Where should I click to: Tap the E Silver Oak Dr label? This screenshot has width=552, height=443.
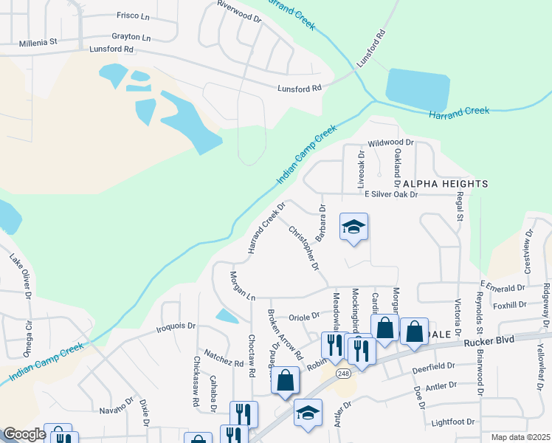[x=392, y=195]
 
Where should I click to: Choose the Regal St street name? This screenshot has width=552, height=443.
[x=459, y=206]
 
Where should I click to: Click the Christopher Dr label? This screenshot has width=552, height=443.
[x=306, y=247]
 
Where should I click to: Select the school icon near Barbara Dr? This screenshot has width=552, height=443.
[x=354, y=227]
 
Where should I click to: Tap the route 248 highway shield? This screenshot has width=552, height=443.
[x=343, y=374]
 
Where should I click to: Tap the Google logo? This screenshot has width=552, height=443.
[x=24, y=434]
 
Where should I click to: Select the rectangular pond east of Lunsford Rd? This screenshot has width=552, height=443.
[x=417, y=89]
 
